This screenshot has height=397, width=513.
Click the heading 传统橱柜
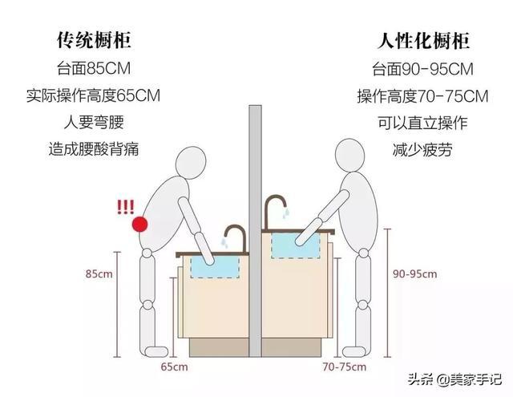pos(93,39)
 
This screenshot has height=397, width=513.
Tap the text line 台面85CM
pos(93,67)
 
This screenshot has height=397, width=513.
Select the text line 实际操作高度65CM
pos(93,95)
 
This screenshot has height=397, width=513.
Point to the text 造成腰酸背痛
pos(93,148)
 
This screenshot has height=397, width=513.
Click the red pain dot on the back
pos(141,225)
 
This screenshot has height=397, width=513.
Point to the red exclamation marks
pos(125,207)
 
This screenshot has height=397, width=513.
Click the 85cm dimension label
pos(99,273)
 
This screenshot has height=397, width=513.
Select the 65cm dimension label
pos(174,367)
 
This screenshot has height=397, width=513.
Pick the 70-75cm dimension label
pos(339,367)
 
